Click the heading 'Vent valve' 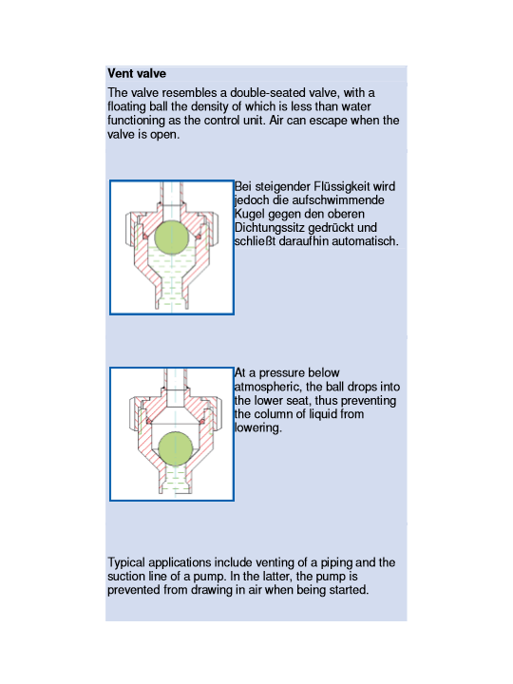point(137,73)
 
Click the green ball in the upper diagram point(172,237)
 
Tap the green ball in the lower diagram point(176,448)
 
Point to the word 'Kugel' point(249,214)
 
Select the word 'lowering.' point(258,427)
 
